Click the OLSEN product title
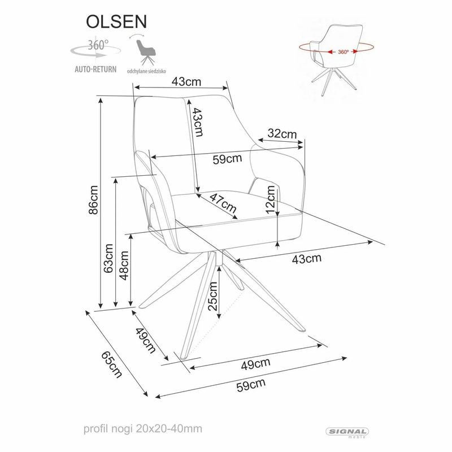pos(116,20)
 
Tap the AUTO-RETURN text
pos(95,70)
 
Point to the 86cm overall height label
pos(94,200)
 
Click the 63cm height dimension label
pos(109,258)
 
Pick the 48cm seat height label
pos(124,266)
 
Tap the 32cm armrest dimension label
pos(281,134)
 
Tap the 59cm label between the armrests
pos(227,159)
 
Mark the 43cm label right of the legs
pos(306,259)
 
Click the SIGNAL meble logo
pos(347,432)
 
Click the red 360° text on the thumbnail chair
pos(343,51)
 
